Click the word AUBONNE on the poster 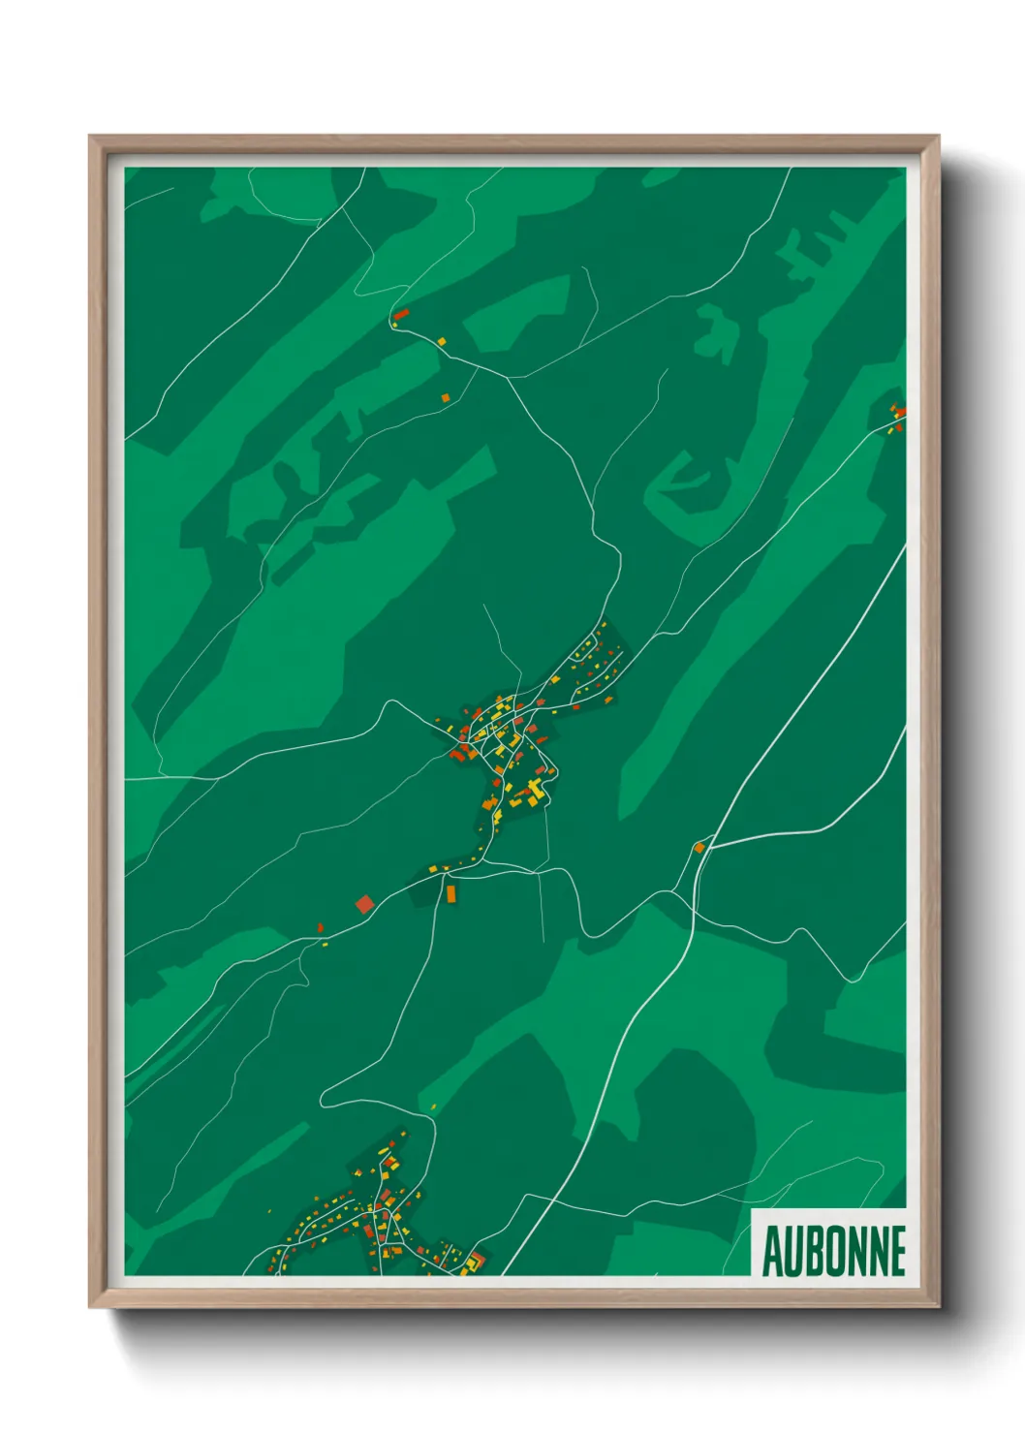(x=833, y=1251)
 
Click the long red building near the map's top (x=401, y=314)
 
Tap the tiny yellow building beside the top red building (x=442, y=341)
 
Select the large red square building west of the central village (x=364, y=904)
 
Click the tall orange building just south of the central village (x=450, y=892)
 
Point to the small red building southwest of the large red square (x=320, y=928)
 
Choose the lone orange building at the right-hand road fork (x=699, y=848)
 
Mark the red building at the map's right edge (x=899, y=414)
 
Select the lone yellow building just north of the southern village (x=432, y=1107)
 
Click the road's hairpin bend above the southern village (x=323, y=1099)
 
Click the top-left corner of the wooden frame (x=90, y=137)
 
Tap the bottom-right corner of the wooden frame (x=939, y=1307)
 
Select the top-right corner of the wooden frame (x=939, y=137)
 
